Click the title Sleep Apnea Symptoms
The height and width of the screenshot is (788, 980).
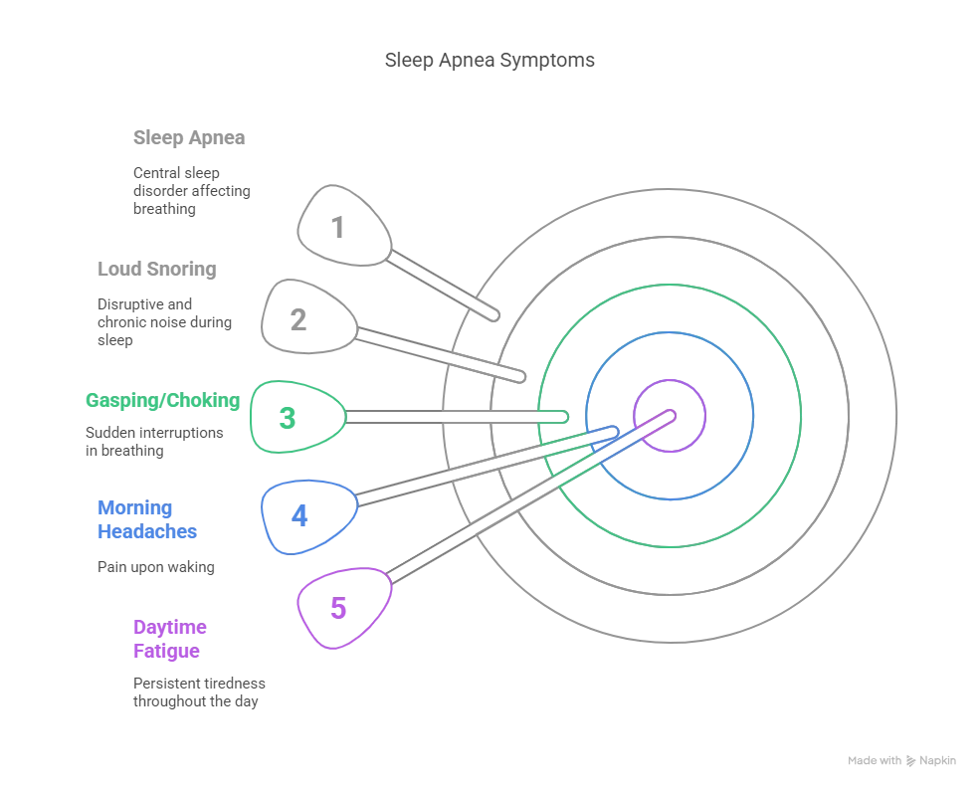[x=490, y=60]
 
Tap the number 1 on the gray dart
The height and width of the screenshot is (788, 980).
[x=337, y=228]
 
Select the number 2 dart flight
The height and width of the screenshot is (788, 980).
[x=308, y=316]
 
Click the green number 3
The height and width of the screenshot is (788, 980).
[x=287, y=418]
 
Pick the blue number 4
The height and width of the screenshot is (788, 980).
[x=299, y=516]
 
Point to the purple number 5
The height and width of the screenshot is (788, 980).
[x=338, y=608]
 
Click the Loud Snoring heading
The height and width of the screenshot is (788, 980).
[x=157, y=269]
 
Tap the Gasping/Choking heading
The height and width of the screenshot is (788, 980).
[x=162, y=400]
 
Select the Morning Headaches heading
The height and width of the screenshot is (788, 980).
[x=147, y=519]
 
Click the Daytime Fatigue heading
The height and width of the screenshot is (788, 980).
[x=169, y=639]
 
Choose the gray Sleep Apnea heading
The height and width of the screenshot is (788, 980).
[x=189, y=137]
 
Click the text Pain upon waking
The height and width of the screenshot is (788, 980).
[x=155, y=567]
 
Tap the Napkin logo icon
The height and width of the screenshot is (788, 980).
[x=910, y=760]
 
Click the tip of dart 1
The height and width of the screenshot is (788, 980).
[x=494, y=315]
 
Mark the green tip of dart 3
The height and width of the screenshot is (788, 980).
[x=562, y=416]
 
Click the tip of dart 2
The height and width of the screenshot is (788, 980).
[x=520, y=376]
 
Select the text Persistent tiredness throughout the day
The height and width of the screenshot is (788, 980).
[x=199, y=692]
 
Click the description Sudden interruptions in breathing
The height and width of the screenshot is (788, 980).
[x=154, y=441]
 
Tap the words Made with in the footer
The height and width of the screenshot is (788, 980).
[x=875, y=760]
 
